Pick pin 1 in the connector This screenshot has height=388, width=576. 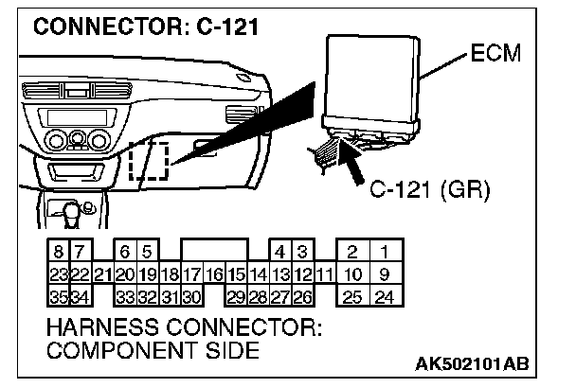tap(385, 253)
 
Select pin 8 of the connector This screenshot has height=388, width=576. tap(59, 253)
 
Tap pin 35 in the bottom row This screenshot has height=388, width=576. tap(59, 296)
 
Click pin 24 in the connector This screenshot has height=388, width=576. tap(385, 296)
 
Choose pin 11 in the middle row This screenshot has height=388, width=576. tap(324, 274)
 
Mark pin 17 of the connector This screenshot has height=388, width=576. tap(192, 274)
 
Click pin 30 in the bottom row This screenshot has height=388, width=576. tap(192, 296)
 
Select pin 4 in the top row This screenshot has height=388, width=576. tap(280, 253)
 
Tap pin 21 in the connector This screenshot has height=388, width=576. tap(103, 274)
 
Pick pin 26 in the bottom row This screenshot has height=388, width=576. tap(302, 296)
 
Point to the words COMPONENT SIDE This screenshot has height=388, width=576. tap(152, 351)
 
